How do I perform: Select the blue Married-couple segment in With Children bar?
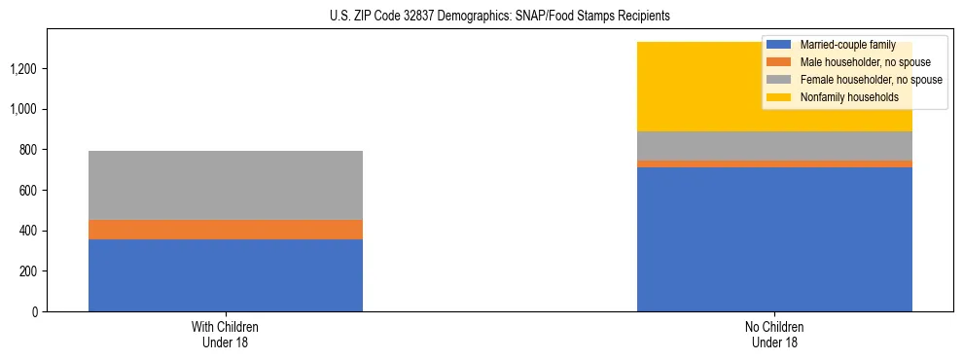[x=226, y=275]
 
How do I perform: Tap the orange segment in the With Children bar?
[x=226, y=230]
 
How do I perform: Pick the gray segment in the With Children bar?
[x=226, y=185]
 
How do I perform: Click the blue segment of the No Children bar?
[x=774, y=239]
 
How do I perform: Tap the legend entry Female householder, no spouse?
[x=870, y=80]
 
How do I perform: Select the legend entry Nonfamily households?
[x=847, y=97]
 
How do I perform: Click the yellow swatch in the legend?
[x=778, y=97]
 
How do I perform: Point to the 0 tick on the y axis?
[x=34, y=312]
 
